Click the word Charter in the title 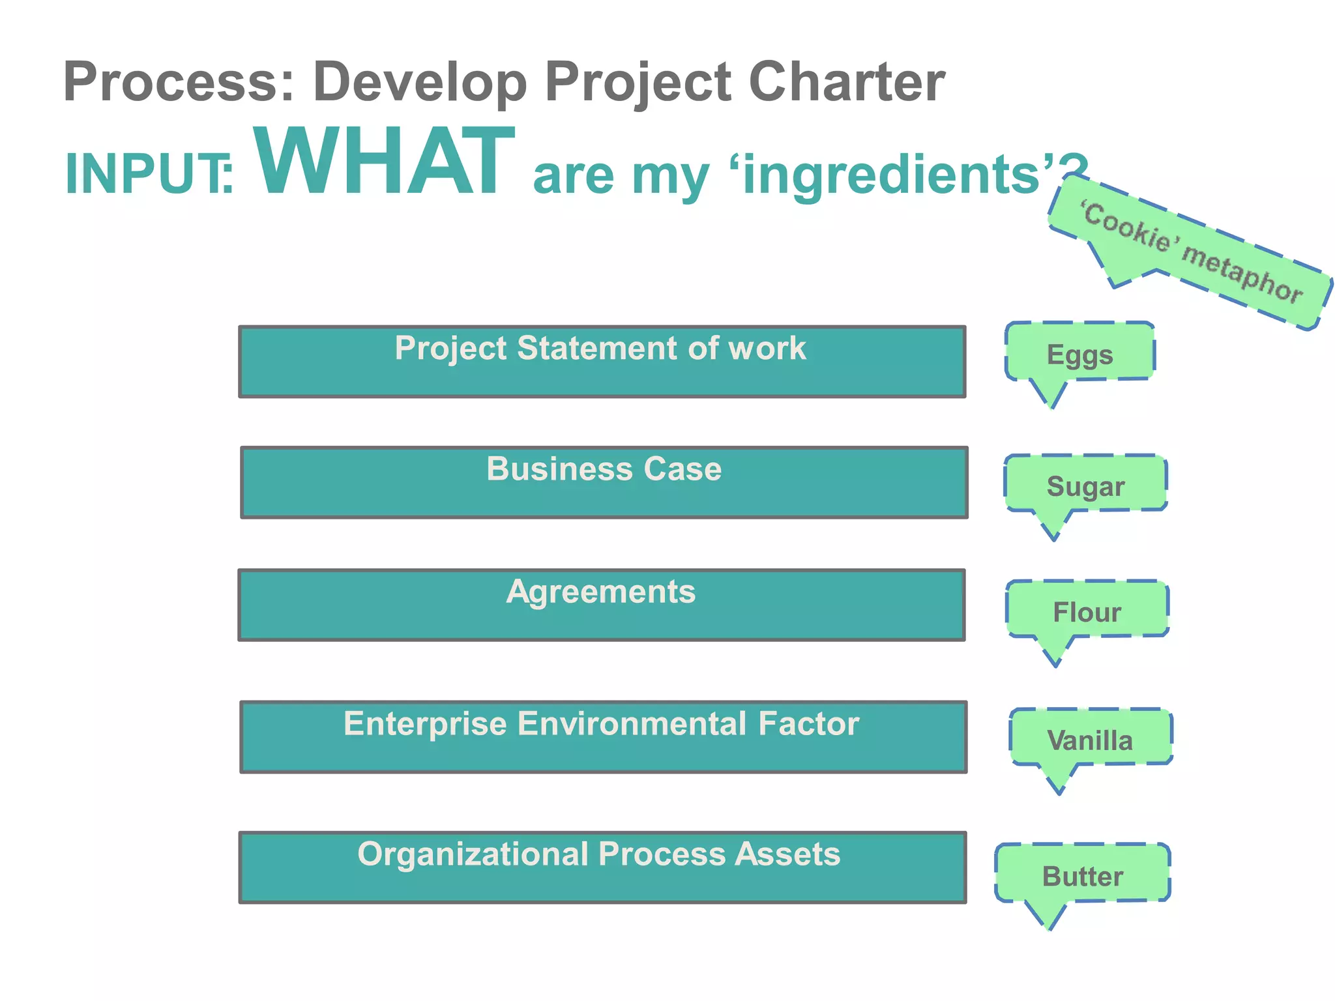pyautogui.click(x=846, y=82)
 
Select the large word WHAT pyautogui.click(x=385, y=163)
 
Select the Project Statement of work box pyautogui.click(x=602, y=362)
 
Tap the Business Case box pyautogui.click(x=604, y=482)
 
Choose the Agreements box pyautogui.click(x=601, y=605)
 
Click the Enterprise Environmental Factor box pyautogui.click(x=603, y=737)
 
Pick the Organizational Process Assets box pyautogui.click(x=602, y=867)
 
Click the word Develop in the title pyautogui.click(x=420, y=82)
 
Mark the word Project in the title pyautogui.click(x=638, y=82)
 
